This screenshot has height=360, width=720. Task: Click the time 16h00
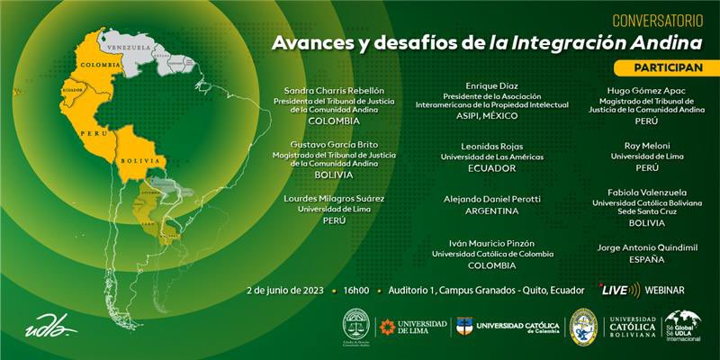(355, 291)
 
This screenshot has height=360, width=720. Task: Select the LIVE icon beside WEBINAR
(619, 290)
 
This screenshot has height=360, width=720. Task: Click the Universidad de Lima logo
(413, 327)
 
